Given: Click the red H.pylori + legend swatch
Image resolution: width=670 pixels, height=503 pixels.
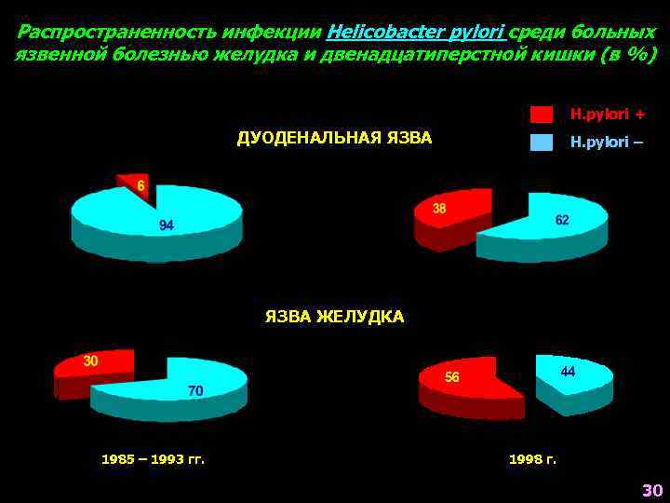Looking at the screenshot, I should pyautogui.click(x=541, y=115).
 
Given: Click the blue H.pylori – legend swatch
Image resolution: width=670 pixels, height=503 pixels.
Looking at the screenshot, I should pyautogui.click(x=541, y=143).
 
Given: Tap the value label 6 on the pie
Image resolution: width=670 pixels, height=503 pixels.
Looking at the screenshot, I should pyautogui.click(x=141, y=186).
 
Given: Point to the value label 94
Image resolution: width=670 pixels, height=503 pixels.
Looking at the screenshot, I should pyautogui.click(x=167, y=225).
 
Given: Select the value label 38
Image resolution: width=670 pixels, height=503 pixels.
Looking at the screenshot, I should pyautogui.click(x=440, y=209).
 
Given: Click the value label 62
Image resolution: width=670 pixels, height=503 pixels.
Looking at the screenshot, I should pyautogui.click(x=562, y=220).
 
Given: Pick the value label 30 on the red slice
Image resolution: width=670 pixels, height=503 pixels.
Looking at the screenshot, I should pyautogui.click(x=91, y=360).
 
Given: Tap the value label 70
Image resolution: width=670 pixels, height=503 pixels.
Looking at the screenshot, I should pyautogui.click(x=195, y=391).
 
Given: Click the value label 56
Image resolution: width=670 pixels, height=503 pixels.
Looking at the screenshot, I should pyautogui.click(x=452, y=377).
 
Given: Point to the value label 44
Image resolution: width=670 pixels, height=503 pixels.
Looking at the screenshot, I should pyautogui.click(x=568, y=371).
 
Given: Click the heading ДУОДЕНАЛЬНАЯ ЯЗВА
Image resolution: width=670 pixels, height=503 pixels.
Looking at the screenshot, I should pyautogui.click(x=334, y=139).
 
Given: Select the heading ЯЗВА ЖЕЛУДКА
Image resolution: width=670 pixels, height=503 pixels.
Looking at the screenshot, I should pyautogui.click(x=334, y=318).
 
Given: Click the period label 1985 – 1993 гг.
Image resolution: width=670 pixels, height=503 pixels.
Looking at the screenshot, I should pyautogui.click(x=153, y=459).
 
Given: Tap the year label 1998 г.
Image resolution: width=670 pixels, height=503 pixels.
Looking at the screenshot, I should pyautogui.click(x=532, y=459).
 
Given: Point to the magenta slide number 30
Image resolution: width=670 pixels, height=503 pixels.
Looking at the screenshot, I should pyautogui.click(x=651, y=490).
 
